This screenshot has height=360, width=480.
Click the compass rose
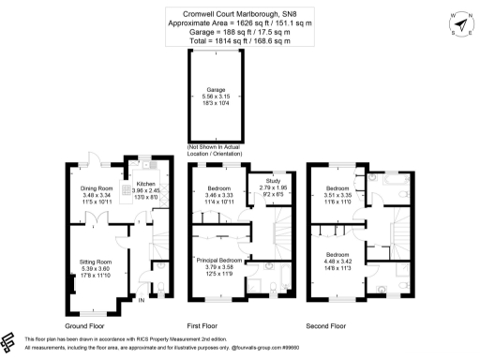coord(459,23)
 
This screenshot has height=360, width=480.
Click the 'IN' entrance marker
coord(142,300)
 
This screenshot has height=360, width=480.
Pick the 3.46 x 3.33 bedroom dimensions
coord(218,195)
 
